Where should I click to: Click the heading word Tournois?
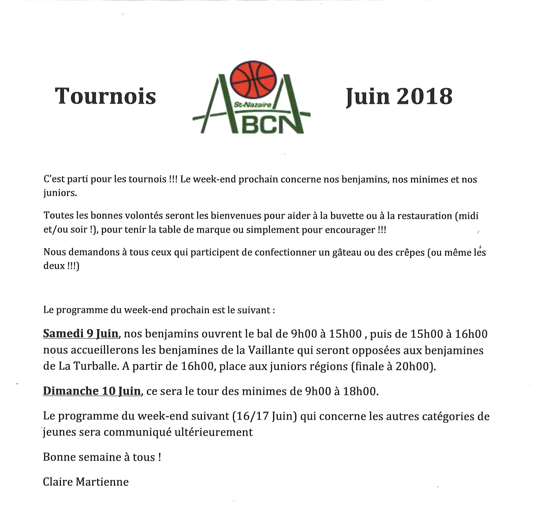(105, 96)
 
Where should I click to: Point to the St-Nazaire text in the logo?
(252, 105)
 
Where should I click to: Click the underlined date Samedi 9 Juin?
(81, 334)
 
